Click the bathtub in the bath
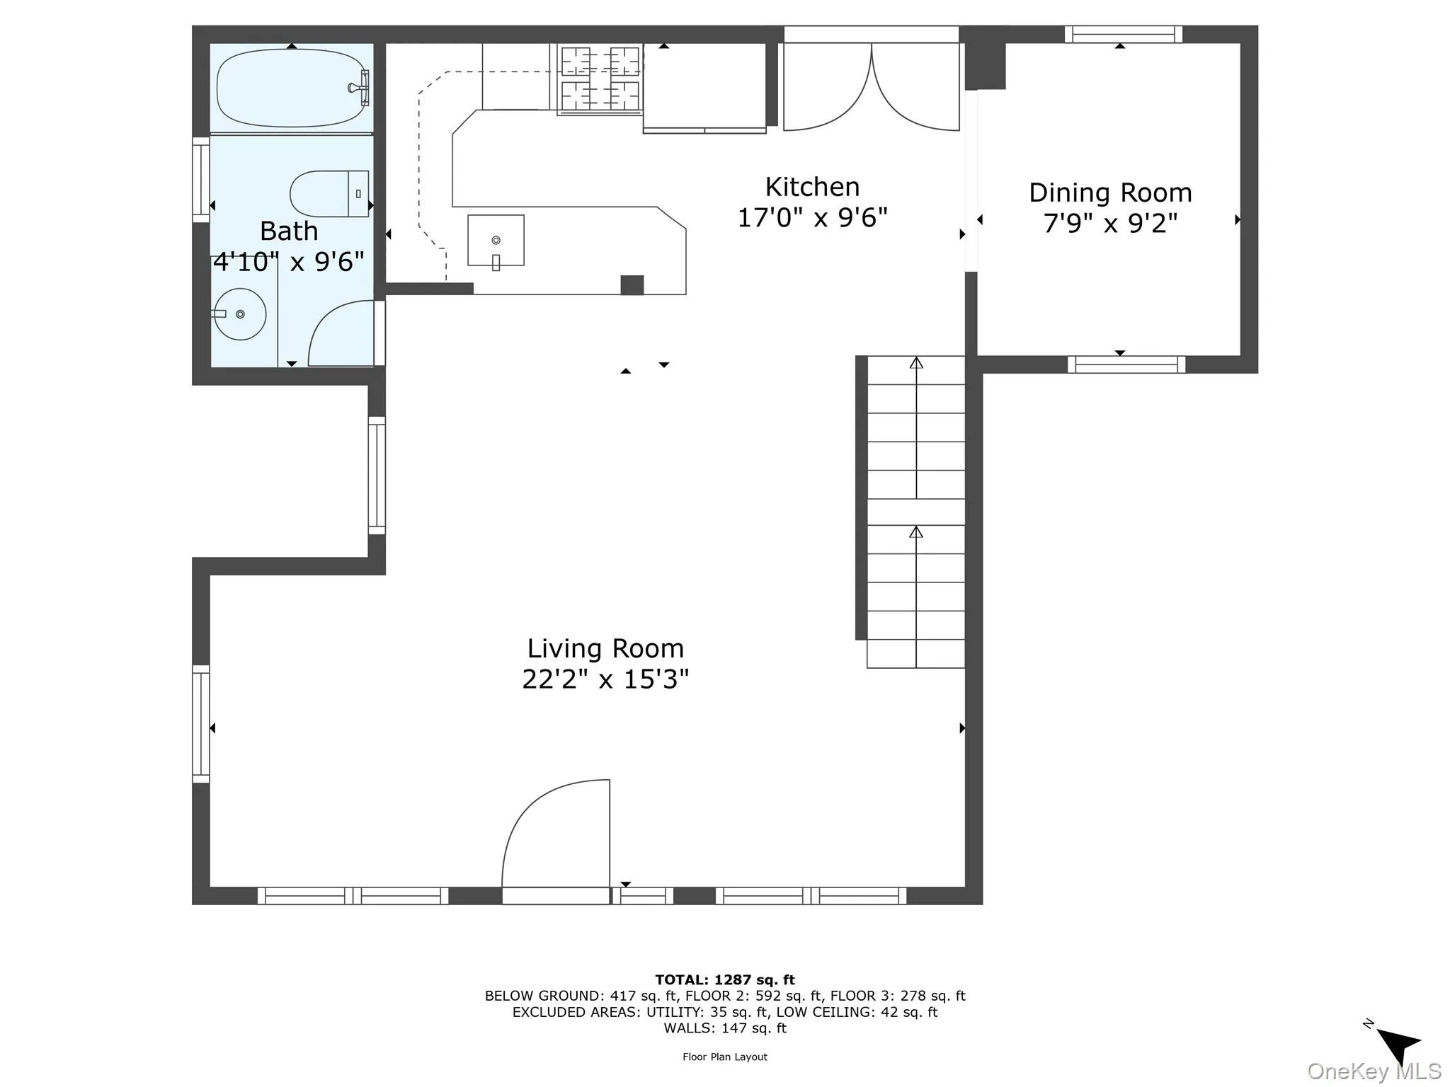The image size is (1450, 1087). click(x=291, y=88)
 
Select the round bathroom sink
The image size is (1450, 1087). click(x=240, y=314)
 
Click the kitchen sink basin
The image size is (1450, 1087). click(x=496, y=241)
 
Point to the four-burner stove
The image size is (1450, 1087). click(x=600, y=79)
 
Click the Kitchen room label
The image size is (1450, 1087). click(x=812, y=188)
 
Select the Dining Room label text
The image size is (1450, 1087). click(x=1109, y=192)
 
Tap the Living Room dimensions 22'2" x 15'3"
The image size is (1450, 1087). click(x=605, y=679)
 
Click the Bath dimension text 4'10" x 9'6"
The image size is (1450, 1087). click(x=289, y=262)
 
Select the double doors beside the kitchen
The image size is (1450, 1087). click(x=871, y=88)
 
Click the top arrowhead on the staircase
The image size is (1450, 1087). click(x=916, y=363)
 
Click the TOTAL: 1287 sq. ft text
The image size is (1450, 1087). click(x=724, y=979)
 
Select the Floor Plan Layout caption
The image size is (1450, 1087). click(x=724, y=1057)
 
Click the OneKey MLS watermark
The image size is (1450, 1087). click(x=1374, y=1071)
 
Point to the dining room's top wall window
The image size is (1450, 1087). click(x=1123, y=34)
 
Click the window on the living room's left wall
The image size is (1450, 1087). click(x=201, y=723)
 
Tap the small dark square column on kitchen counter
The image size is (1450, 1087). click(x=632, y=284)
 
